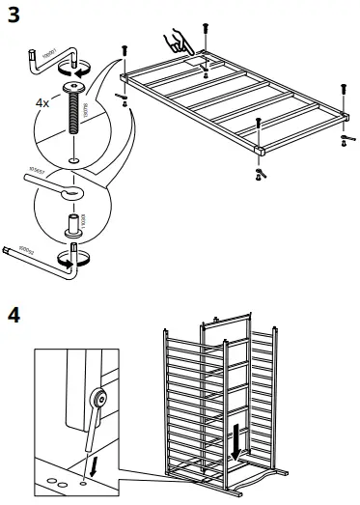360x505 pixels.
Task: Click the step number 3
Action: click(14, 14)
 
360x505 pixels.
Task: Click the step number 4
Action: click(14, 315)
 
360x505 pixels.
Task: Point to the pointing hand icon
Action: click(177, 41)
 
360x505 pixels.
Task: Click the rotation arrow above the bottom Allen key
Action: click(74, 256)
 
